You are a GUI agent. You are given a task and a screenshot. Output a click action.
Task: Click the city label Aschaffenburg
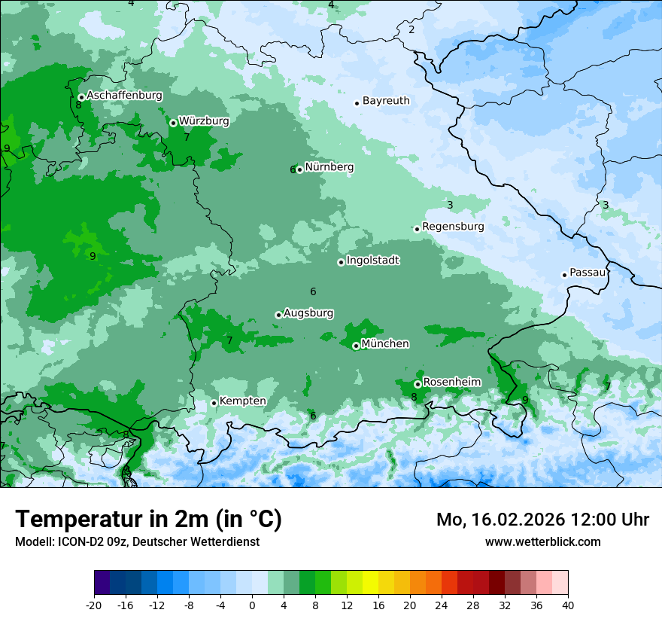(x=124, y=96)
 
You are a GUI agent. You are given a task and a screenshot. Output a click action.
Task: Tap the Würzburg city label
(x=204, y=120)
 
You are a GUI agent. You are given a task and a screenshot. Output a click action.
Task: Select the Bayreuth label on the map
(x=386, y=101)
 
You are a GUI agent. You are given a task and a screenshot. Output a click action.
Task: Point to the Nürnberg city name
(x=329, y=167)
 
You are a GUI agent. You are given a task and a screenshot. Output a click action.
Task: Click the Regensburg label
(x=453, y=227)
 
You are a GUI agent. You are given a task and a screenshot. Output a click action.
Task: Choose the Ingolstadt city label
(x=373, y=261)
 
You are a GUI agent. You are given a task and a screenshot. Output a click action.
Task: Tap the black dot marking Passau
(x=564, y=275)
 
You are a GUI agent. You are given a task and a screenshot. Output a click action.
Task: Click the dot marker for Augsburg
(x=278, y=315)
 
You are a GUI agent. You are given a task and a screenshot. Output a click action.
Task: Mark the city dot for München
(x=356, y=346)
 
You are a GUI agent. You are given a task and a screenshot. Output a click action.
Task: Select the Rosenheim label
(x=451, y=383)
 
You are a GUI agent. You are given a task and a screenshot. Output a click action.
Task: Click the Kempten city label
(x=242, y=401)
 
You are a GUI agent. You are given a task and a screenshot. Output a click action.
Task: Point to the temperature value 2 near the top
(x=411, y=30)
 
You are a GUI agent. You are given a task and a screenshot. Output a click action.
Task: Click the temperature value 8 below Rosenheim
(x=414, y=397)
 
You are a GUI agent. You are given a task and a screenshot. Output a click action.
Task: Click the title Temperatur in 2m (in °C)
(x=148, y=520)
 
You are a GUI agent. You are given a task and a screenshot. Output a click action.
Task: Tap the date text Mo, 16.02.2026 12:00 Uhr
(x=542, y=520)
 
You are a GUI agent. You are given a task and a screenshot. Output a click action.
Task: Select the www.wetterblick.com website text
(x=542, y=541)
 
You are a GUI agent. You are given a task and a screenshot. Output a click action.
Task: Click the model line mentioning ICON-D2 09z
(x=137, y=541)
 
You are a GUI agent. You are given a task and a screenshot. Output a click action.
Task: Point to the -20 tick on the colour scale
(x=94, y=605)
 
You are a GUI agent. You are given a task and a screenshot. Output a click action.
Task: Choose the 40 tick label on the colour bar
(x=568, y=605)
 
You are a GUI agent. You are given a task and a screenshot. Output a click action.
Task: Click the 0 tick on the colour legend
(x=252, y=605)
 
